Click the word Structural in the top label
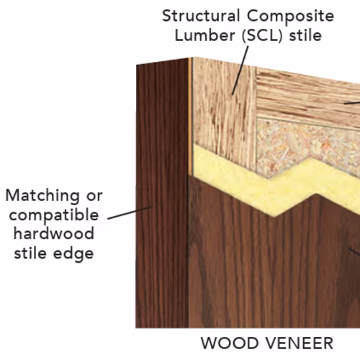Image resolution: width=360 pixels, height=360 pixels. point(201,16)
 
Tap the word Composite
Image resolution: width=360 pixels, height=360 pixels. point(290,17)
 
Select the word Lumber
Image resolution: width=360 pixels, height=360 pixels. point(205,35)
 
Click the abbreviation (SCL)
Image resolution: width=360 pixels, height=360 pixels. point(262,36)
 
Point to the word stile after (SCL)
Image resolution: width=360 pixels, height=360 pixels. point(305,35)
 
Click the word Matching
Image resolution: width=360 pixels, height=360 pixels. point(42,196)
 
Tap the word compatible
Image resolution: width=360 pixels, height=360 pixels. point(54,215)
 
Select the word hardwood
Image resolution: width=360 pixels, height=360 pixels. point(54,233)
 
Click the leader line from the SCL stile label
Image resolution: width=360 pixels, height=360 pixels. point(240,71)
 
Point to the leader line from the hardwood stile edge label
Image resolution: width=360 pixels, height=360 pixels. point(130,212)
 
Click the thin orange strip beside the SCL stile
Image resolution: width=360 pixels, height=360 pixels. point(191,115)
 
